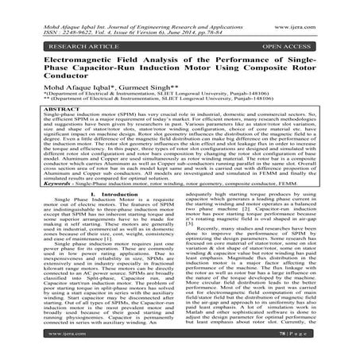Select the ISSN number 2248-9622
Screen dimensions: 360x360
(x=65, y=12)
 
